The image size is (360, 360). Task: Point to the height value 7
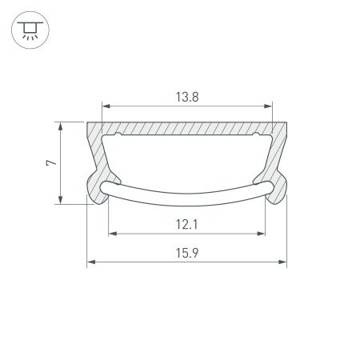[x=50, y=162]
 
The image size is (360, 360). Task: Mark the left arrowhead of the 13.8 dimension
[x=106, y=106]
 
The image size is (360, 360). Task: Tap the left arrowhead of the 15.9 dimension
[x=90, y=262]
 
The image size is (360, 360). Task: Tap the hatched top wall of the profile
[x=187, y=128]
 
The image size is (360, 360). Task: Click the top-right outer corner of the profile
[x=286, y=122]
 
